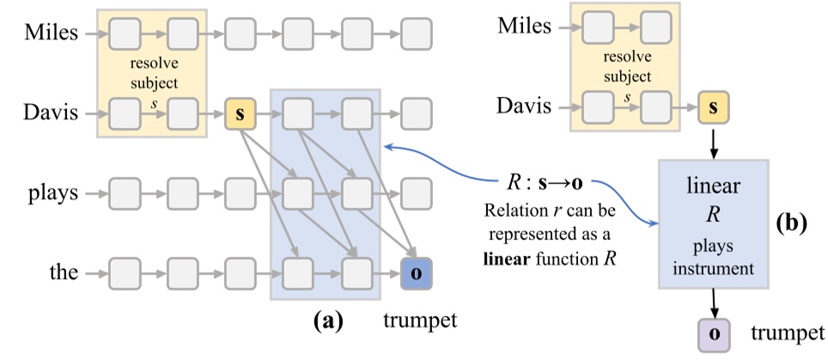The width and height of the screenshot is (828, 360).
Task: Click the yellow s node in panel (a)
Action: tap(240, 113)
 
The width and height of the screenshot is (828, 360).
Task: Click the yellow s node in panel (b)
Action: tap(712, 108)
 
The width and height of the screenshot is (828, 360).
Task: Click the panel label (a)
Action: tap(329, 321)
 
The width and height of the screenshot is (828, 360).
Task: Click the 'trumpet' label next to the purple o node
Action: tap(784, 332)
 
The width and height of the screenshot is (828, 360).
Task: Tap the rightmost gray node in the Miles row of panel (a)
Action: tap(416, 34)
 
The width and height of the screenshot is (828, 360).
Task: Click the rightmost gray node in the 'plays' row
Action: tap(416, 192)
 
